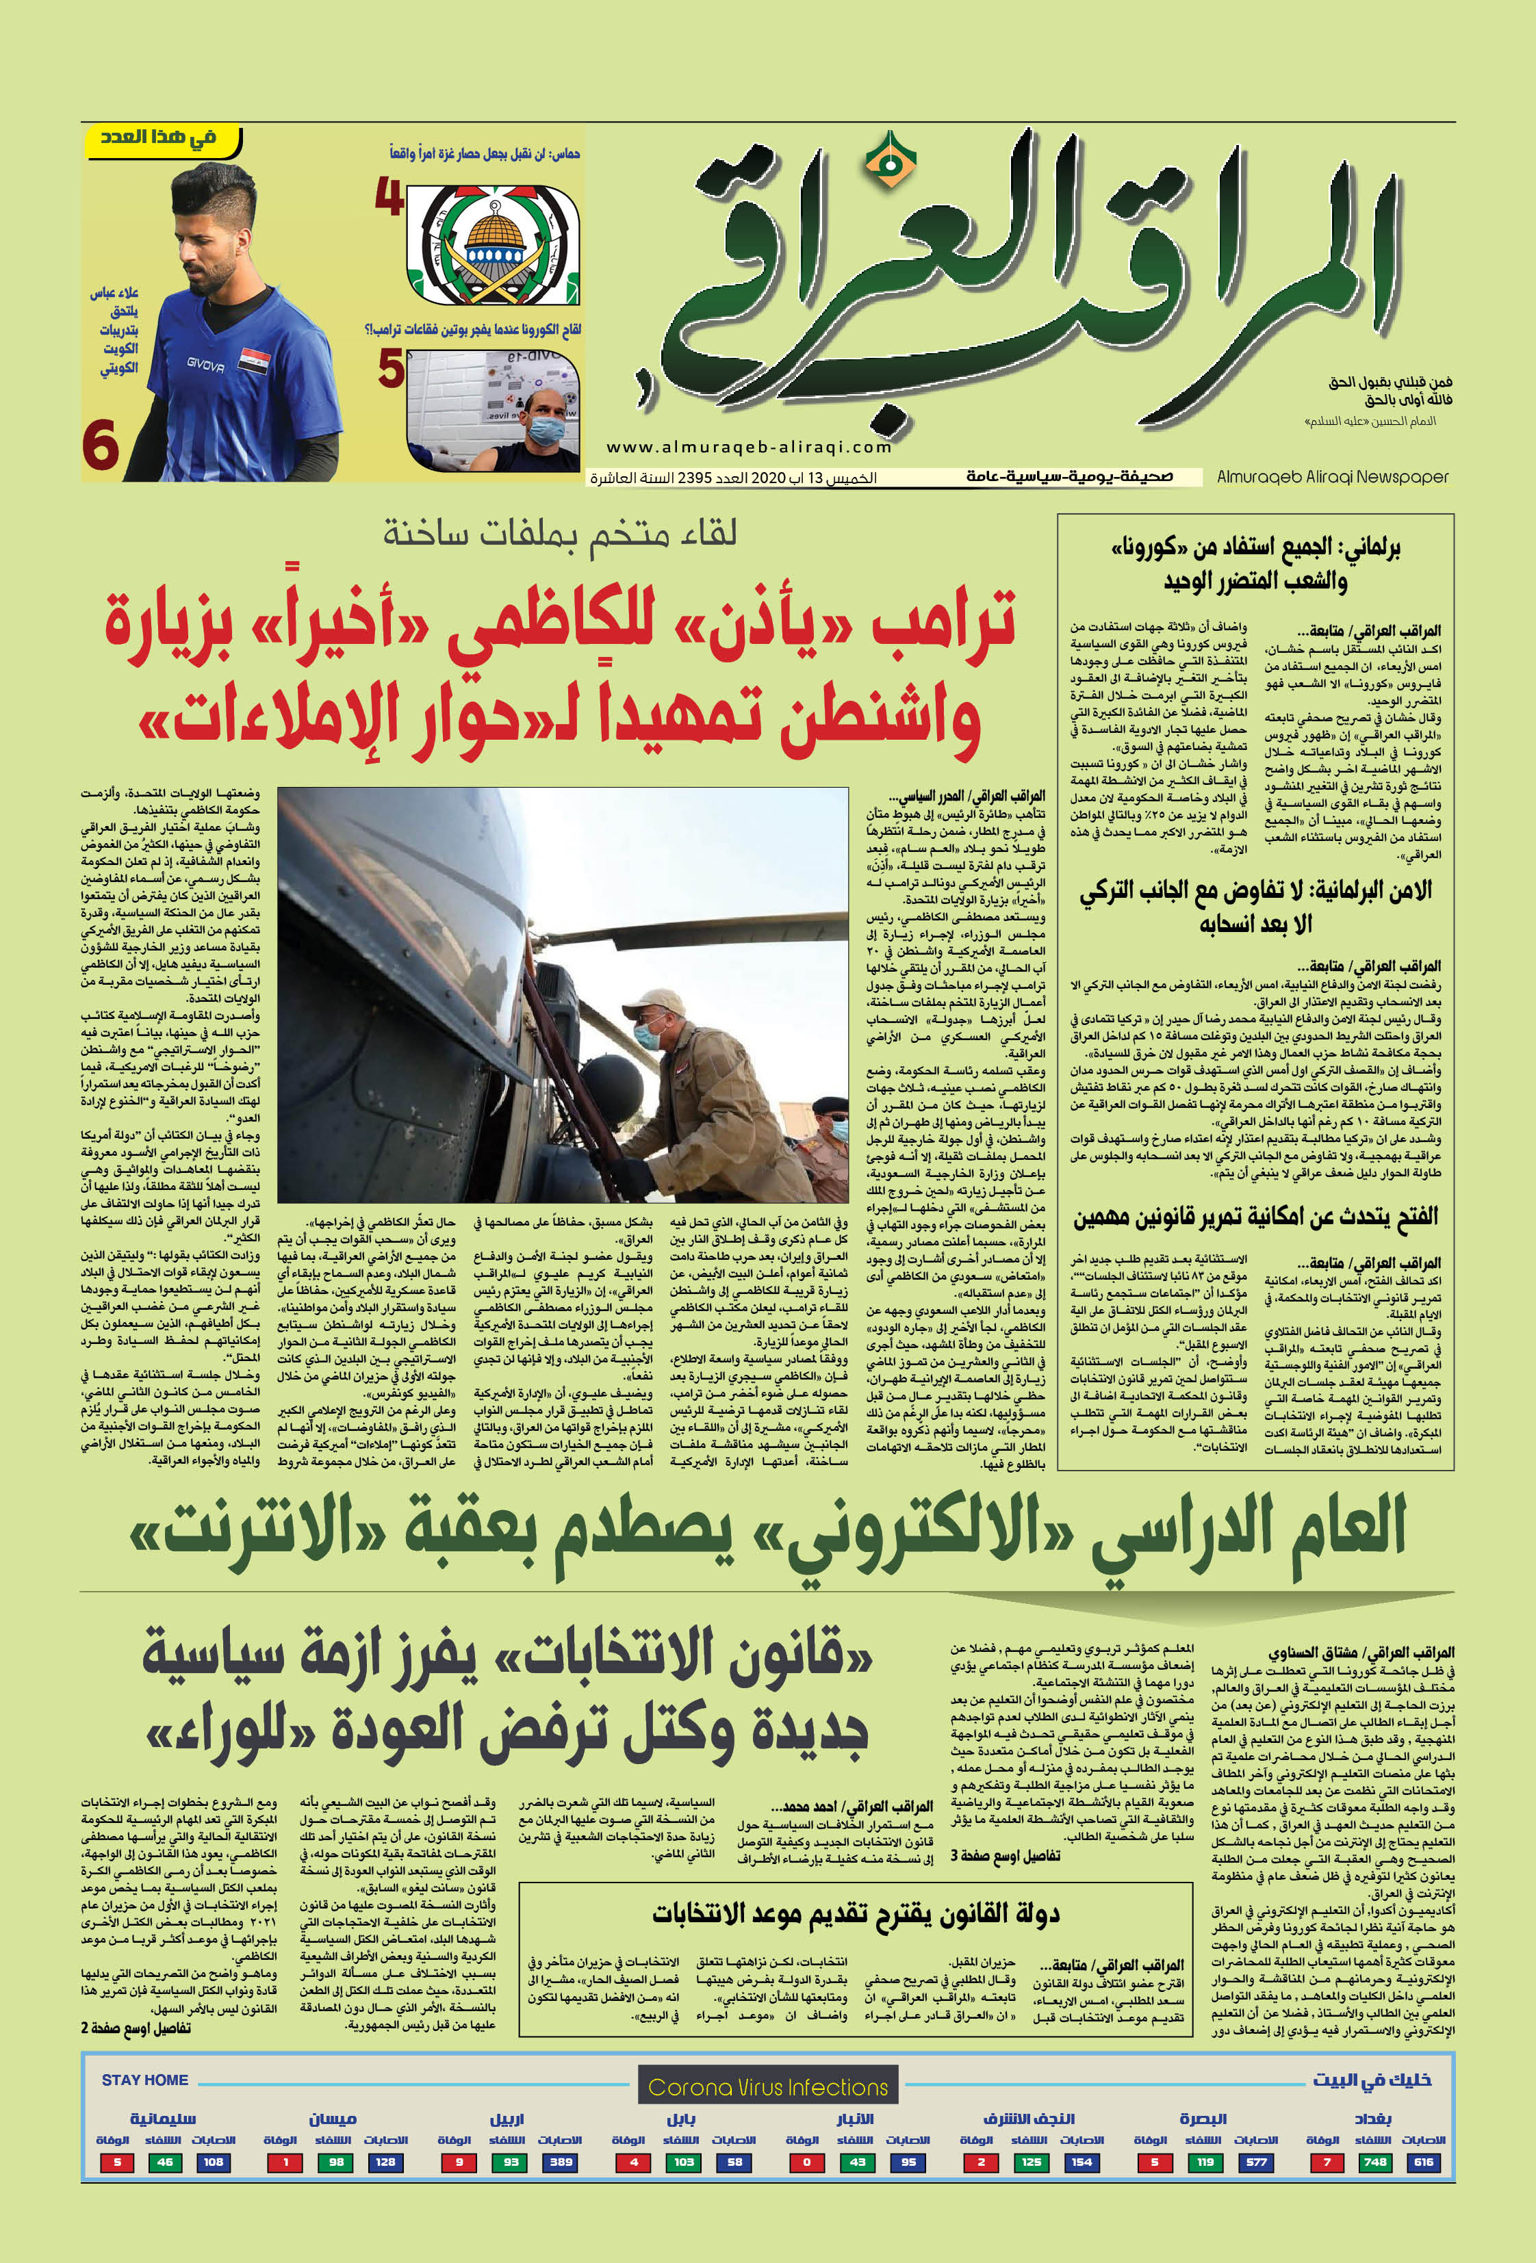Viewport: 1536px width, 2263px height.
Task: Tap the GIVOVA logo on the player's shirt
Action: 205,365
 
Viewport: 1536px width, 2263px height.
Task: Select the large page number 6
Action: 101,447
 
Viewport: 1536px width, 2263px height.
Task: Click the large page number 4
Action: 389,198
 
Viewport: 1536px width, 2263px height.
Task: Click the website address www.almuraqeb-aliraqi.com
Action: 749,447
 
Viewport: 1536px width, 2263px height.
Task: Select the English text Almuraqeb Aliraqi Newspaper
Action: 1333,477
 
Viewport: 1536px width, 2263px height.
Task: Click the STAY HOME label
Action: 145,2079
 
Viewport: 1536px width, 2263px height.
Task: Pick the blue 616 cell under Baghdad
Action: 1424,2162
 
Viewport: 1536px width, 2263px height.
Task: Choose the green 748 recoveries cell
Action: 1375,2162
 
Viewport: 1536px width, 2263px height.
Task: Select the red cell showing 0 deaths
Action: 806,2162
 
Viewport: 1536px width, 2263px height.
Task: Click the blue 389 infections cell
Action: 561,2162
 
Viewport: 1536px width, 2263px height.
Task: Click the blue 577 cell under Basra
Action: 1257,2162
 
